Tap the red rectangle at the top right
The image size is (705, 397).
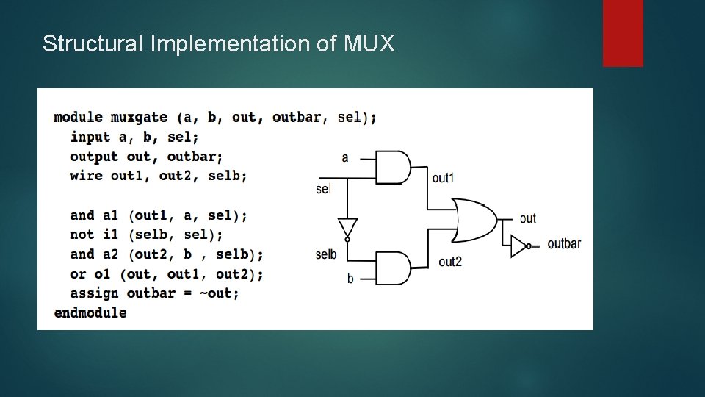623,33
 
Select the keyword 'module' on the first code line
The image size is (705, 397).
78,118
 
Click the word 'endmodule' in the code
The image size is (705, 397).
90,312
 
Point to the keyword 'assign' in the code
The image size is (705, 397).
94,293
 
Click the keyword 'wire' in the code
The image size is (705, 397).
86,176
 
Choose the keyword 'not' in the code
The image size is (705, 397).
82,235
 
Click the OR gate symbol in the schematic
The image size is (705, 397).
474,219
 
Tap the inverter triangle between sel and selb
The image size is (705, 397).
347,229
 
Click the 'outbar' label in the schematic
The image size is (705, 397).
564,244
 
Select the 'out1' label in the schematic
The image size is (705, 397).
443,178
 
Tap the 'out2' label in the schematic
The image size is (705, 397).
450,262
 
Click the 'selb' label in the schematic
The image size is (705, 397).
326,254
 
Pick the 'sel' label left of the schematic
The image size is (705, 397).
323,189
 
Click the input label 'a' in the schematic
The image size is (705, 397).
345,157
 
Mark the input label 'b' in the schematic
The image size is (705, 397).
350,279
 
